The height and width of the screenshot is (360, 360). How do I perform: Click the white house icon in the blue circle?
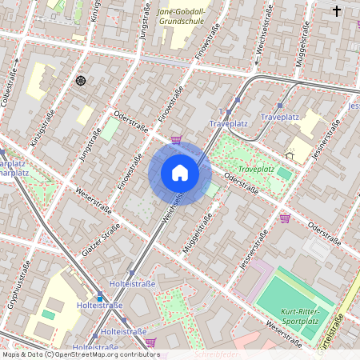click(x=180, y=174)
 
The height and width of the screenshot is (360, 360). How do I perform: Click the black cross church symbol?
click(x=337, y=11)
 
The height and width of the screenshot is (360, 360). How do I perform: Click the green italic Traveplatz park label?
click(x=256, y=170)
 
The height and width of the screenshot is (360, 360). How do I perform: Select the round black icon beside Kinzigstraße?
click(x=80, y=81)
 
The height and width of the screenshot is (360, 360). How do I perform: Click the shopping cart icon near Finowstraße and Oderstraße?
click(x=176, y=140)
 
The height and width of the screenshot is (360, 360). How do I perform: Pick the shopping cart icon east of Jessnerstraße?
click(x=285, y=218)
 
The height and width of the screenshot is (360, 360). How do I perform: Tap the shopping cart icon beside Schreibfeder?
click(x=150, y=342)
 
